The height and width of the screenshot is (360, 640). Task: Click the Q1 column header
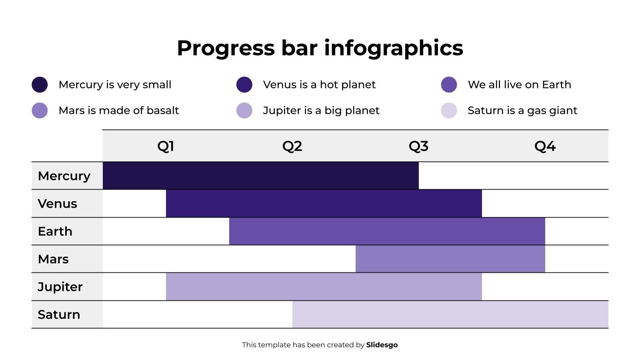[x=166, y=146]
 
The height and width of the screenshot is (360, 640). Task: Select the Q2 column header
[x=292, y=146]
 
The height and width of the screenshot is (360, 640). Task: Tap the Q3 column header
[x=418, y=146]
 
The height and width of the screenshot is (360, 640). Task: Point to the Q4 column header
[x=545, y=146]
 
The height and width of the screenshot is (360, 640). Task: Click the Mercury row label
[x=64, y=176]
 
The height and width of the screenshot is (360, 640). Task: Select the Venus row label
[x=57, y=204]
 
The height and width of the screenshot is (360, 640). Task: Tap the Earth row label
[x=55, y=231]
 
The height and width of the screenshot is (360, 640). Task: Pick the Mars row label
[x=53, y=259]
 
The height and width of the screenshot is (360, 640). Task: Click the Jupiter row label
[x=60, y=287]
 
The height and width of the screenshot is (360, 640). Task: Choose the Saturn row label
[x=59, y=314]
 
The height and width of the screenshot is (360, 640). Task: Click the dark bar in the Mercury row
[x=260, y=176]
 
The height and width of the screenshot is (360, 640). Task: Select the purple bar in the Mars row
[x=450, y=259]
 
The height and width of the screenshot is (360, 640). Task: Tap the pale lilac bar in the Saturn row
[x=450, y=314]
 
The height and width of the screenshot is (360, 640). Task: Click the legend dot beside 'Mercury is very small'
[x=40, y=85]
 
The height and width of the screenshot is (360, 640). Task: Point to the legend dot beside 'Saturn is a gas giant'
[x=449, y=110]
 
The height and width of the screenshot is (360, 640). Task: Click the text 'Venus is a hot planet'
[x=319, y=85]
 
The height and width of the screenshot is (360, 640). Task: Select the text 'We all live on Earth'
[x=519, y=85]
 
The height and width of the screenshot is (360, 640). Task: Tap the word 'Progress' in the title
[x=225, y=48]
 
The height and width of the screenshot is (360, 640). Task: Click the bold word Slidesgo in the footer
[x=382, y=345]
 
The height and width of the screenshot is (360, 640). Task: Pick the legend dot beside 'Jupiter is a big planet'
[x=244, y=110]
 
